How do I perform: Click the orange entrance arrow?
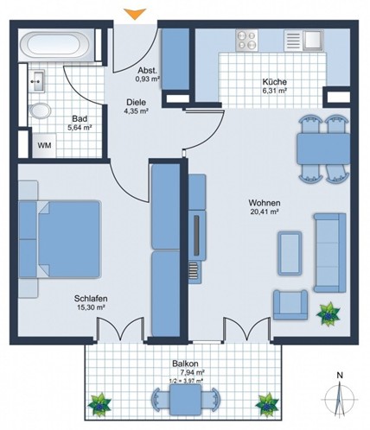(x=135, y=14)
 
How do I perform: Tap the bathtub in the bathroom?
(x=54, y=45)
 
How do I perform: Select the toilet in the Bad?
(x=40, y=111)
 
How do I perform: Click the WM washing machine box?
(x=44, y=145)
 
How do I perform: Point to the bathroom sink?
(x=37, y=81)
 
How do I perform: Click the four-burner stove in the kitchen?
(x=247, y=41)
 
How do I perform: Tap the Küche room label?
(x=274, y=82)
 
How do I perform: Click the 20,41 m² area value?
(x=264, y=212)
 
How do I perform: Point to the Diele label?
(x=136, y=102)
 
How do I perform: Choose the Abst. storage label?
(x=147, y=70)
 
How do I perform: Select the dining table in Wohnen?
(x=323, y=149)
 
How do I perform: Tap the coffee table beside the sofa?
(x=290, y=253)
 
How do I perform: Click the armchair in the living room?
(x=290, y=305)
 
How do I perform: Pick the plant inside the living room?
(x=329, y=314)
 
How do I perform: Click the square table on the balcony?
(x=186, y=400)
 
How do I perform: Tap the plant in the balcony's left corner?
(x=99, y=405)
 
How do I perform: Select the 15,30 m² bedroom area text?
(x=91, y=307)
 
